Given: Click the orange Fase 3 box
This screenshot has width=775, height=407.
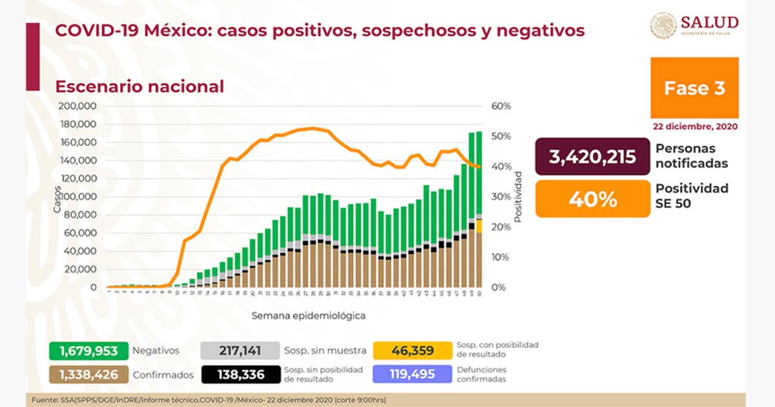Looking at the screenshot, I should coord(694,87).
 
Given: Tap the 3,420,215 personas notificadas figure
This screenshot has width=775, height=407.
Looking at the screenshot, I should coord(592,156).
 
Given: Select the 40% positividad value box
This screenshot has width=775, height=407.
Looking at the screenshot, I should coord(592,199).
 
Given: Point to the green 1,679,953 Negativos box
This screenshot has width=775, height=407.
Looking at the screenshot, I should coord(88,351).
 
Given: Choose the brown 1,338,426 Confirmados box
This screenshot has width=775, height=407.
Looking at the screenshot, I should coord(88,374).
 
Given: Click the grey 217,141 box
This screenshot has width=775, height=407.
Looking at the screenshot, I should coord(240,351).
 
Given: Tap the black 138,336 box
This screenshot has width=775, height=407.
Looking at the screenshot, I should coord(240,374).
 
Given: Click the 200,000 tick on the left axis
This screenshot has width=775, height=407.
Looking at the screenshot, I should coord(77,106).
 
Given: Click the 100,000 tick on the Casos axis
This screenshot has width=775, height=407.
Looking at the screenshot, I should coord(77,196).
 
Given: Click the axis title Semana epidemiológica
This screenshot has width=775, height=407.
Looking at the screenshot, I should coord(309,316).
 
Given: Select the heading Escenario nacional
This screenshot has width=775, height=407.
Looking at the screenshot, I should coord(139,87).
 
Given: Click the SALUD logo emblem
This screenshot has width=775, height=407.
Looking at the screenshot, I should coord(663,26).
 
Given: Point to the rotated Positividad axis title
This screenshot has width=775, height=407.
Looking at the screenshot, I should coord(518,197).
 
